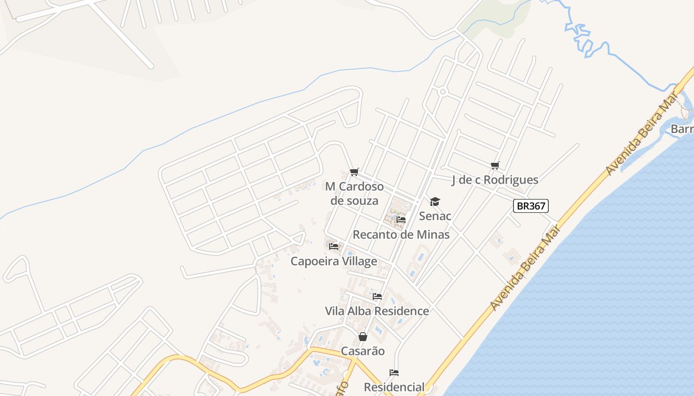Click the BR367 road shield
(530, 206)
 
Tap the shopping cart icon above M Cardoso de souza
(354, 172)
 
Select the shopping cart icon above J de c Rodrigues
(495, 165)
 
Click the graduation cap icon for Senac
(435, 201)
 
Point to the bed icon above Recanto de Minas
(401, 219)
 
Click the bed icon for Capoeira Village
(334, 246)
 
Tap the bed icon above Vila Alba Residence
(377, 297)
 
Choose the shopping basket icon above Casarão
(363, 337)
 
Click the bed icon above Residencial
(394, 372)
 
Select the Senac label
(435, 216)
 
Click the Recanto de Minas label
(401, 234)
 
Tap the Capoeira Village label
(334, 261)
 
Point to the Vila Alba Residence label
(377, 311)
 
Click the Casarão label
(363, 351)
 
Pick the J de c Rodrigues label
(495, 180)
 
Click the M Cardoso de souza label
(354, 194)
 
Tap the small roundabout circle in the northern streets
(443, 92)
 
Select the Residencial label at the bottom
(394, 387)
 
